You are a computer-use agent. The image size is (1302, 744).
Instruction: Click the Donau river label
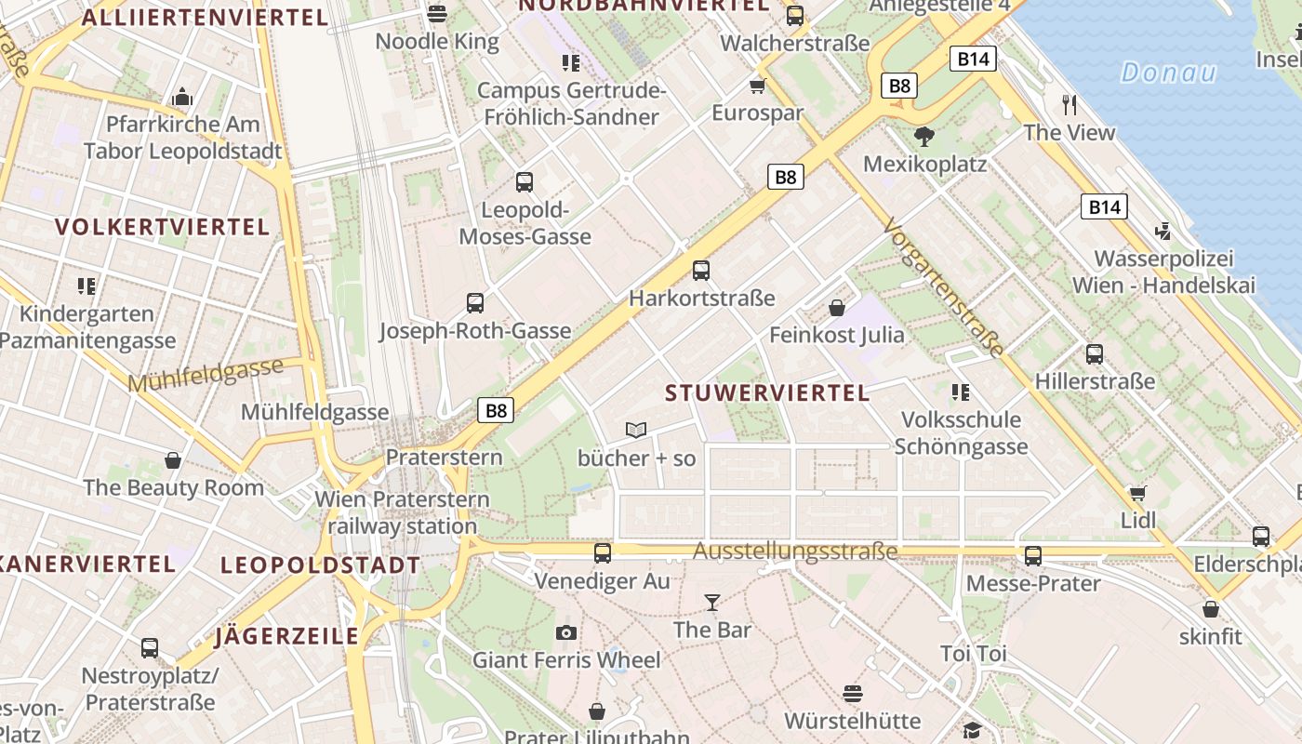click(1168, 73)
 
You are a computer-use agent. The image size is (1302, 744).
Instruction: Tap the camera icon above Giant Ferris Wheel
click(565, 633)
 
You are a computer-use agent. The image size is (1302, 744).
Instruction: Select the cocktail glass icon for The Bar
click(711, 603)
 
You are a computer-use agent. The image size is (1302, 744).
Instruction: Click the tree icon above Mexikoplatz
click(923, 138)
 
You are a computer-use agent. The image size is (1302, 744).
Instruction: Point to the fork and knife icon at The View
click(1069, 104)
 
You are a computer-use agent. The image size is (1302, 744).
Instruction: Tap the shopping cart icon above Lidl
click(1137, 493)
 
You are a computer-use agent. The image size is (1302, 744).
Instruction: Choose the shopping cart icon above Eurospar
click(757, 86)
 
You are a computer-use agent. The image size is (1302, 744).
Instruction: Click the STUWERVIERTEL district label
click(767, 392)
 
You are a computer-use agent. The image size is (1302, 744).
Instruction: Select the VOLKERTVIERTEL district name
click(162, 227)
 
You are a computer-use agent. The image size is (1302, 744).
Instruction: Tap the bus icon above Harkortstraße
click(701, 271)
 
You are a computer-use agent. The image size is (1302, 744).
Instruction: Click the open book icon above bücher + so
click(636, 430)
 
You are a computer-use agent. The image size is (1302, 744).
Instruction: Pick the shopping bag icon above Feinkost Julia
click(836, 308)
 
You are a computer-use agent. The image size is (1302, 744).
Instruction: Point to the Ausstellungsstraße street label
click(795, 551)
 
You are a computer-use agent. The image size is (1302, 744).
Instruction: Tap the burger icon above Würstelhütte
click(853, 694)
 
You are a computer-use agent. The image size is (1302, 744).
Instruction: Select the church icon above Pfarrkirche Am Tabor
click(182, 97)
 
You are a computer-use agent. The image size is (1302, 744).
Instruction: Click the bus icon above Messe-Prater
click(1033, 556)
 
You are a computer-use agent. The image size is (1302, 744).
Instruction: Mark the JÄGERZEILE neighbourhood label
click(286, 636)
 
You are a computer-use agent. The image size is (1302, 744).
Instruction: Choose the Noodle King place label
click(437, 42)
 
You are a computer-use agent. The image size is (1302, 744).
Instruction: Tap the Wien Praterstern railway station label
click(402, 512)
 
